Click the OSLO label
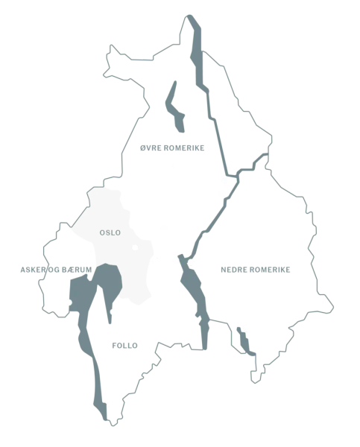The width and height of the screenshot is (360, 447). pos(110,232)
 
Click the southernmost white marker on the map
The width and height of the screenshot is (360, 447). pos(110,404)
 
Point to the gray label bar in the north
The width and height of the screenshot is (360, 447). pos(172,148)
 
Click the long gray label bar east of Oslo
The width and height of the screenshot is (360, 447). pos(256,270)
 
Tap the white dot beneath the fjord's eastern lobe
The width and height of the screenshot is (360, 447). pos(114,313)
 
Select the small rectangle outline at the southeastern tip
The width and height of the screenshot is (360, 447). pos(255,377)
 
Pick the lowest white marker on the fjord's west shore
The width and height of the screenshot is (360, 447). pos(100,358)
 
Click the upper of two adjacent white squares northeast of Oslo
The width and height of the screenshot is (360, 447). pos(225,182)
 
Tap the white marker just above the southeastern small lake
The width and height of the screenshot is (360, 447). pos(246,329)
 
